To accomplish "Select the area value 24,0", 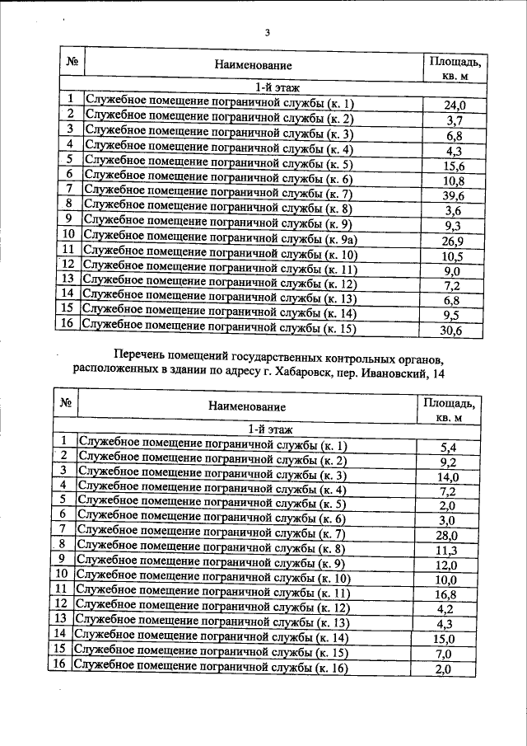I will point(455,106).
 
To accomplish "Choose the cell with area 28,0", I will point(448,536).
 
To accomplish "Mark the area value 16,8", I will point(448,595).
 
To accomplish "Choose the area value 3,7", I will point(455,120).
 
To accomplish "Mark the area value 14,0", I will point(448,476).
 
